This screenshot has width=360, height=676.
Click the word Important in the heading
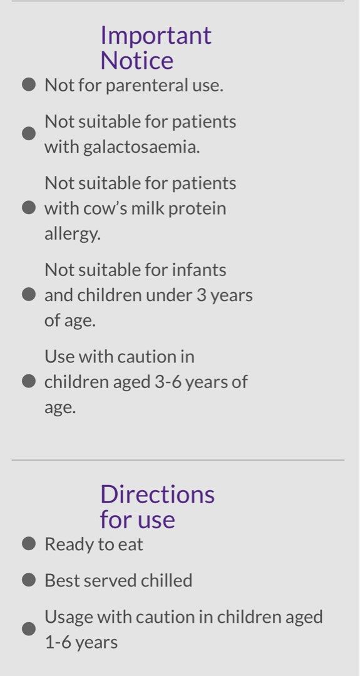coord(156,35)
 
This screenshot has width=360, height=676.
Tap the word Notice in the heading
coord(136,60)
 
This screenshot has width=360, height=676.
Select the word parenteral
coord(146,86)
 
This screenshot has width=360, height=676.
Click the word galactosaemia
coord(141,147)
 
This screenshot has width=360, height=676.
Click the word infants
coord(199,270)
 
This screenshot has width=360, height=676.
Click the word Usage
coord(68,617)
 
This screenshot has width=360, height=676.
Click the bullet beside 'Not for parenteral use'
coord(28,85)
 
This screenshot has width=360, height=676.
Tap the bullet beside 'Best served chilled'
coord(28,580)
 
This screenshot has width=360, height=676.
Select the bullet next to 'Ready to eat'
coord(28,544)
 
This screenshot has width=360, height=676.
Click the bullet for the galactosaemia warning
coord(28,134)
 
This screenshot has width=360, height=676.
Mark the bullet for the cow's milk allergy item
coord(28,208)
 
